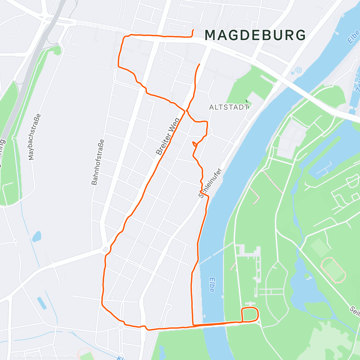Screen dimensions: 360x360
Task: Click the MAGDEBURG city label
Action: click(x=255, y=35)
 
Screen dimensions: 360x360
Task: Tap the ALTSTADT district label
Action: click(x=229, y=107)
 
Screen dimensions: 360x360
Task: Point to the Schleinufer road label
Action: click(x=210, y=183)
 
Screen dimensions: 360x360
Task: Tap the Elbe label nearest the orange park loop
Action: click(x=212, y=284)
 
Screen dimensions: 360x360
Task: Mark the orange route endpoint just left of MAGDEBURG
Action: click(x=193, y=30)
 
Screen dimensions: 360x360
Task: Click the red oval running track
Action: click(x=333, y=270)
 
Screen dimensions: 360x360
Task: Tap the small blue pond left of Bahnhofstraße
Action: click(x=37, y=236)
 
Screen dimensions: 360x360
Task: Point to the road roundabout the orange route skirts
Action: click(x=105, y=249)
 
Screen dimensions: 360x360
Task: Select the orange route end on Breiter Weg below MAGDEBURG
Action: click(x=199, y=64)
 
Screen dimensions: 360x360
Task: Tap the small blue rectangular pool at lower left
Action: click(x=42, y=303)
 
